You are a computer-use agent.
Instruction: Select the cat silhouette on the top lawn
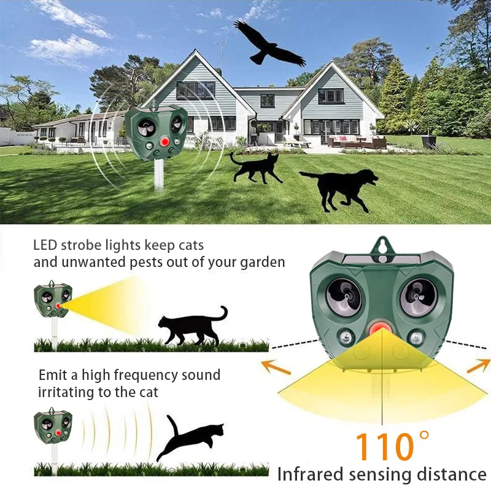[x=255, y=167]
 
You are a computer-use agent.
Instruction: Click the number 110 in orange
[x=382, y=447]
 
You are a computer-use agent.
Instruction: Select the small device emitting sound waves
[x=53, y=425]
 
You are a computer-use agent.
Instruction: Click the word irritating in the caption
[x=67, y=392]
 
